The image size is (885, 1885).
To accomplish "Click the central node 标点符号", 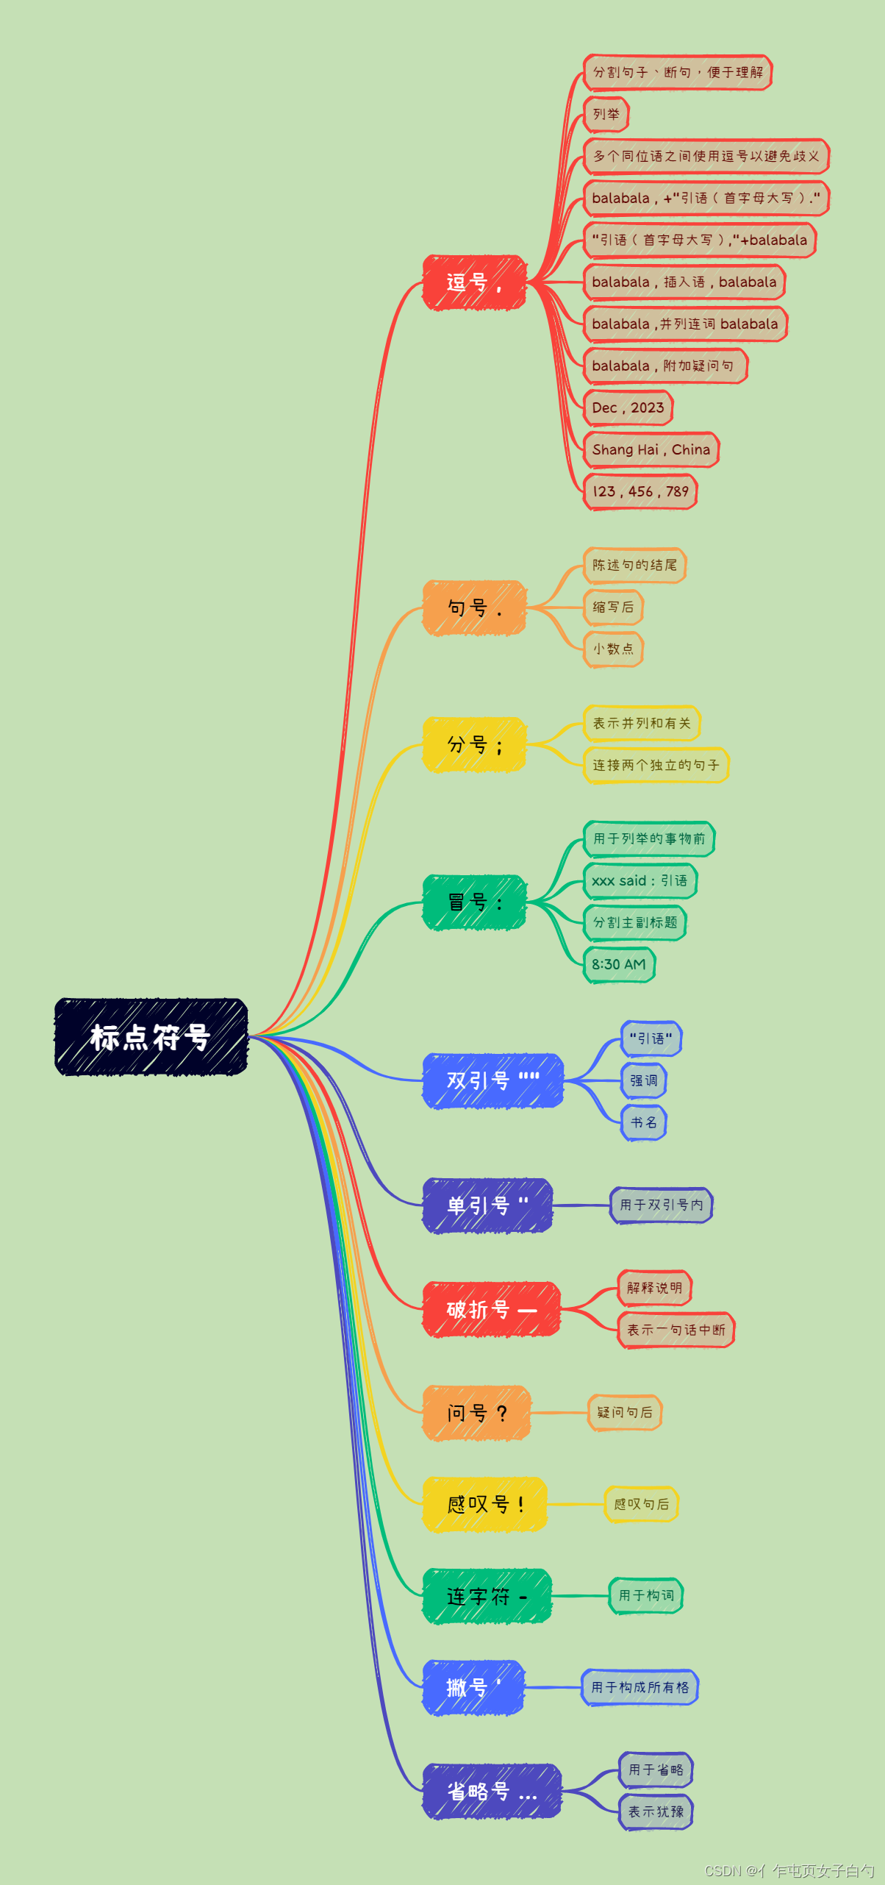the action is [151, 1037].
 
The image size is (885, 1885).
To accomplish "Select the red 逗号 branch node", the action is [474, 282].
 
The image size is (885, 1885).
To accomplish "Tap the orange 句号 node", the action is [474, 608].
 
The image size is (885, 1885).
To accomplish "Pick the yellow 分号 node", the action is [474, 745].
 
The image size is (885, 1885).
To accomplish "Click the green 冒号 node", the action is [474, 902].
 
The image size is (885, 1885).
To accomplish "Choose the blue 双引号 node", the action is [492, 1080].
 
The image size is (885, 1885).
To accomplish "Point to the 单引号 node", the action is [487, 1205].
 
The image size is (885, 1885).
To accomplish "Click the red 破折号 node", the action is [491, 1309].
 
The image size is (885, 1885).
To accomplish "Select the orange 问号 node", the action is [476, 1413].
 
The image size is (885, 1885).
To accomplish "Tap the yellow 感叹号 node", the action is [484, 1504].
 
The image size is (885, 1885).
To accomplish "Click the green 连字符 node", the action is [487, 1596].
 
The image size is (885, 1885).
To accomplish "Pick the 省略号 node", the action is [492, 1792].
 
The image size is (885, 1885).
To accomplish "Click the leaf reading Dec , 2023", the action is [628, 408].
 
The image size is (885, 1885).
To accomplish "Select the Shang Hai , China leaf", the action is [651, 450].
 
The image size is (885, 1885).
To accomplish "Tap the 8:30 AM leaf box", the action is [619, 965].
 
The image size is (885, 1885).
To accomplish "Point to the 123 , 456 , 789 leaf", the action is [640, 492].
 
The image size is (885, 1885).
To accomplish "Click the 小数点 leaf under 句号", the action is [614, 649].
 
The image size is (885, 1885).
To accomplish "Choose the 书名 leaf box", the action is [644, 1123].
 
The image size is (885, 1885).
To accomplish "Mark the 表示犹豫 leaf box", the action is [656, 1811].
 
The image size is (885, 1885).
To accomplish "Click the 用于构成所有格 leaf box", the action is [640, 1687].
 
